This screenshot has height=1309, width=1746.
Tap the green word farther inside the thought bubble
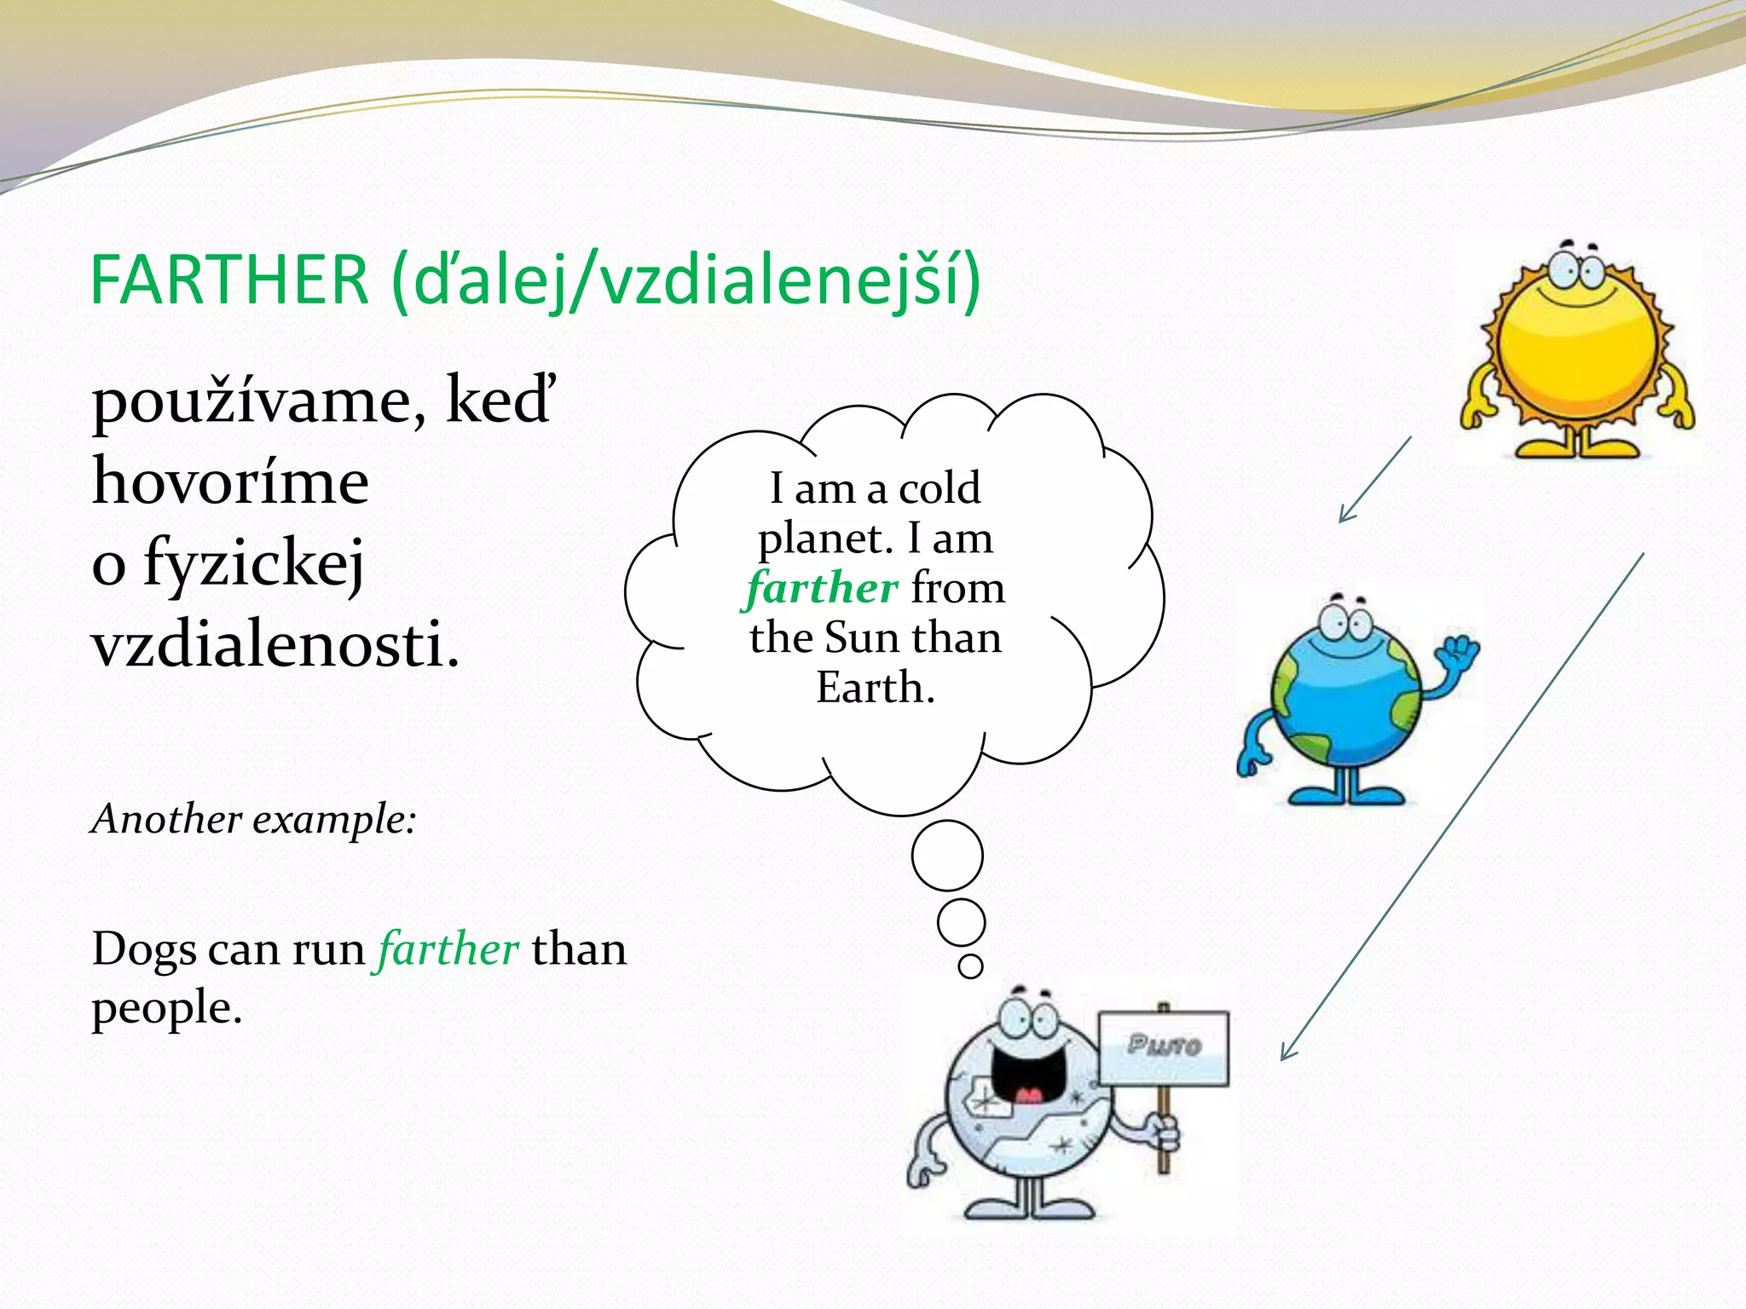tap(822, 588)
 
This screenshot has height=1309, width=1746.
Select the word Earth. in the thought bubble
tap(876, 688)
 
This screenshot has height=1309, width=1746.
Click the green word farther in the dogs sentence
tap(448, 949)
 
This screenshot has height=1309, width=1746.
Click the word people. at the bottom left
tap(167, 1007)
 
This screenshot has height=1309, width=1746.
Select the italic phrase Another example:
tap(254, 819)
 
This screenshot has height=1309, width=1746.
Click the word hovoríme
tap(230, 482)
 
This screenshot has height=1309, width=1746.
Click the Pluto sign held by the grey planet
tap(1164, 1047)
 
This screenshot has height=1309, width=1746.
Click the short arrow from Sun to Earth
tap(1375, 480)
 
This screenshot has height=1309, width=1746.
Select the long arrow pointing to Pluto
tap(1462, 806)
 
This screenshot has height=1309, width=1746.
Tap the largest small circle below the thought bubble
tap(947, 856)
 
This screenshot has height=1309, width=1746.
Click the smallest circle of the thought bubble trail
tap(970, 966)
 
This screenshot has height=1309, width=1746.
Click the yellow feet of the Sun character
tap(1579, 447)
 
